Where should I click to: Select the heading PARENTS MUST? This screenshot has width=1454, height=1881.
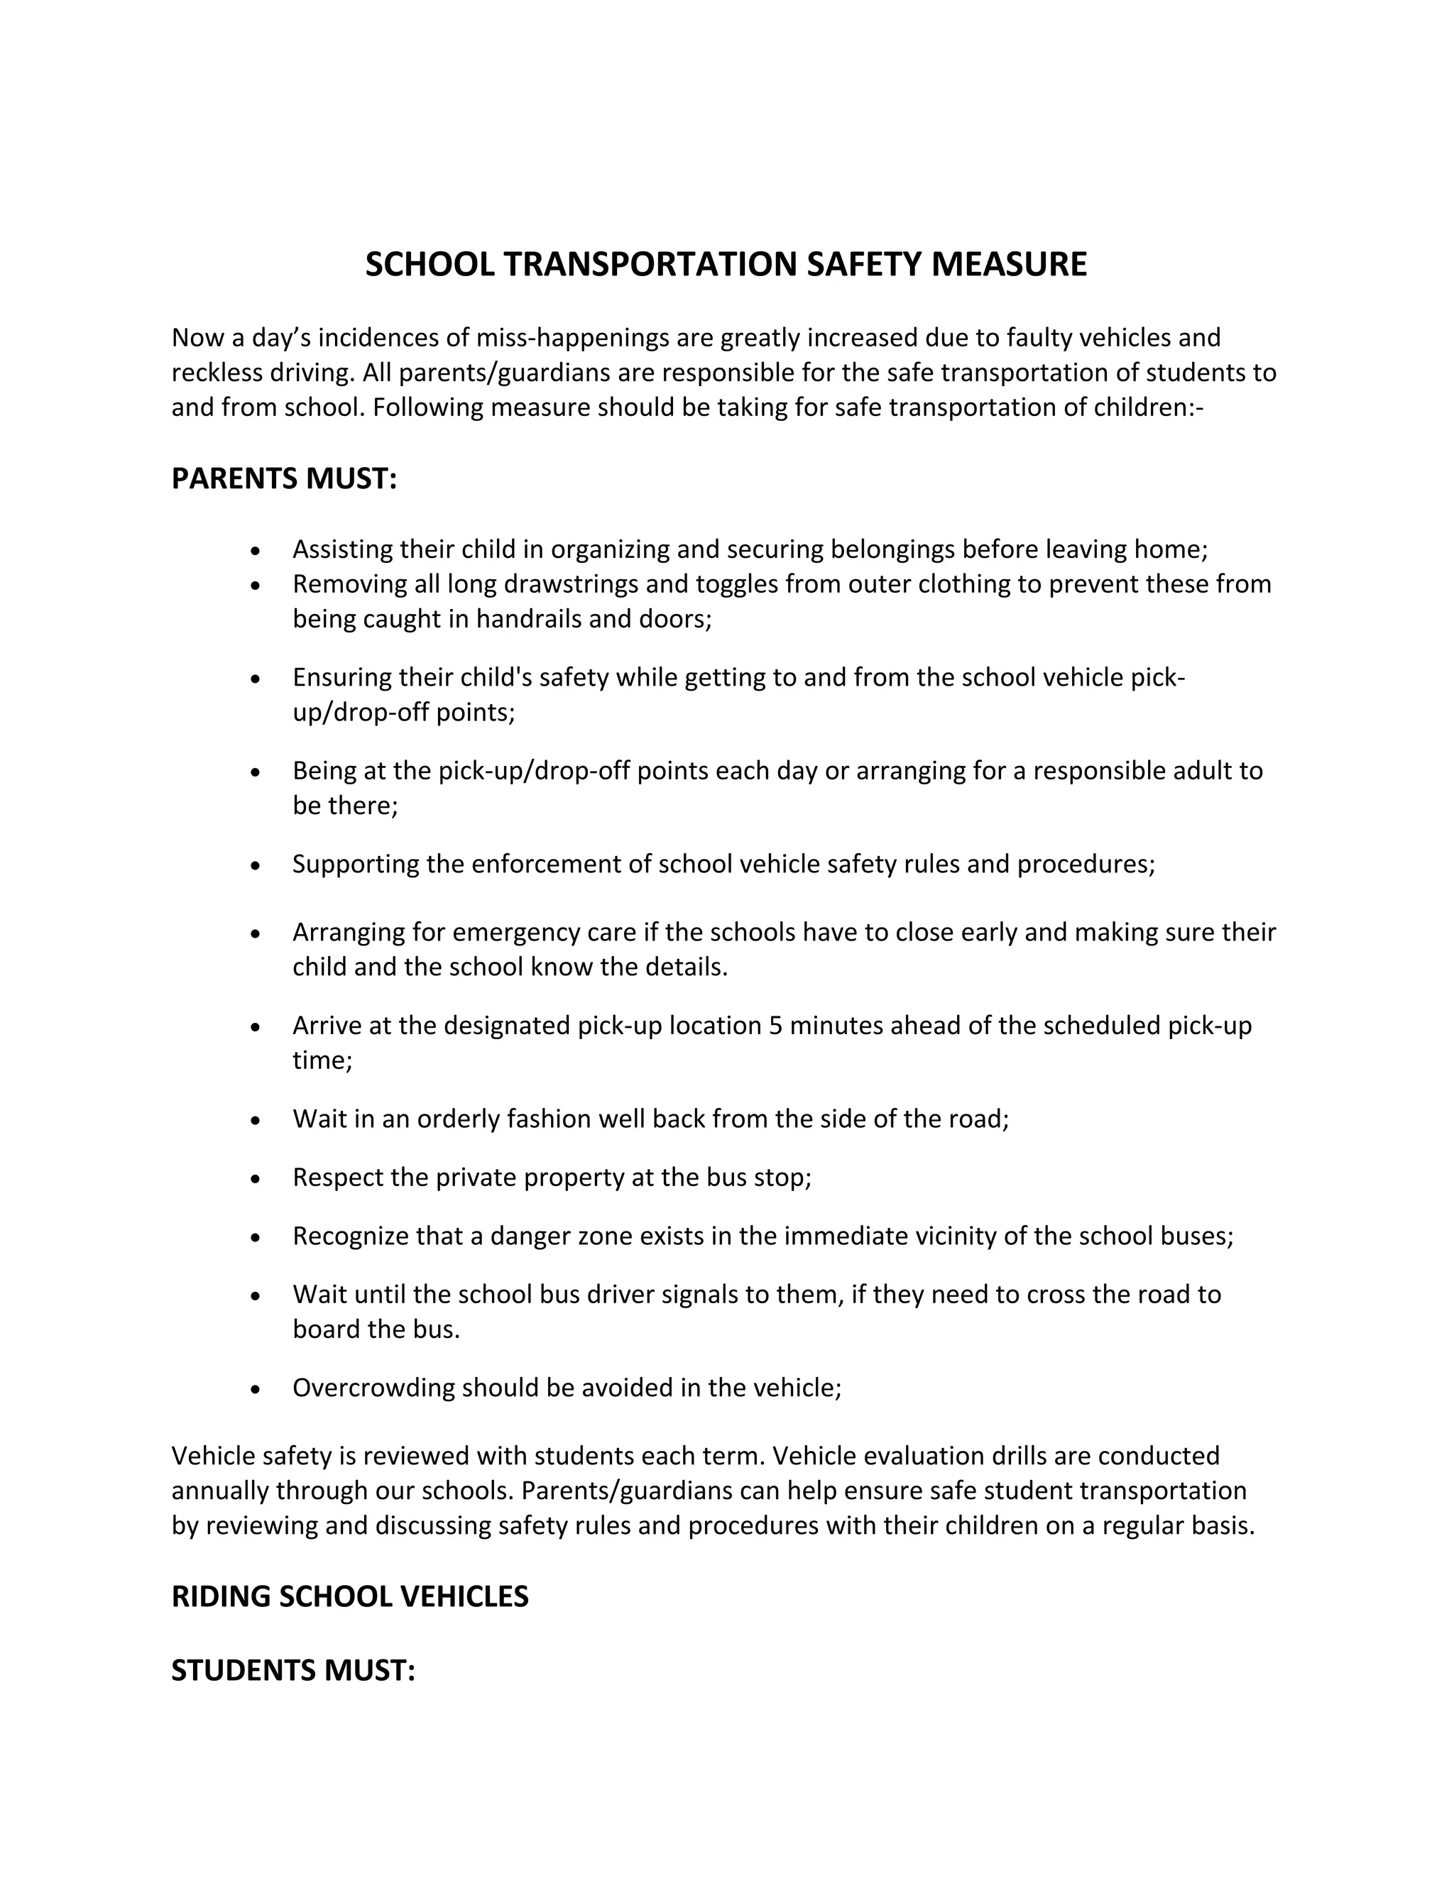click(x=284, y=479)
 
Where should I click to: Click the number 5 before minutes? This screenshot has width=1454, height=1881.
click(x=775, y=1026)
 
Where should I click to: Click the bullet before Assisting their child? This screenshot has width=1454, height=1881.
click(x=255, y=550)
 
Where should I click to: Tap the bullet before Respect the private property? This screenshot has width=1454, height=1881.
click(x=255, y=1178)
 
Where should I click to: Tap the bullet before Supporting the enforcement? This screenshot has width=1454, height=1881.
click(x=255, y=865)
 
